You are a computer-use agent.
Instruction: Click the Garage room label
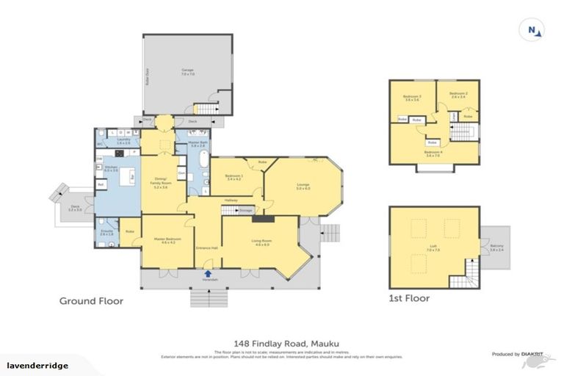click(x=187, y=72)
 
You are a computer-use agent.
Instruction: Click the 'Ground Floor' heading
click(x=91, y=300)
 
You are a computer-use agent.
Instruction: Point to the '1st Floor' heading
click(x=409, y=299)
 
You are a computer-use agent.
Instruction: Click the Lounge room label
click(x=303, y=186)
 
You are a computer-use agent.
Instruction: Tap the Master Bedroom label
click(x=163, y=241)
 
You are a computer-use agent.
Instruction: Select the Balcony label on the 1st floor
click(x=497, y=249)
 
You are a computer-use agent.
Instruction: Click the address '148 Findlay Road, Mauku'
click(x=281, y=343)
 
